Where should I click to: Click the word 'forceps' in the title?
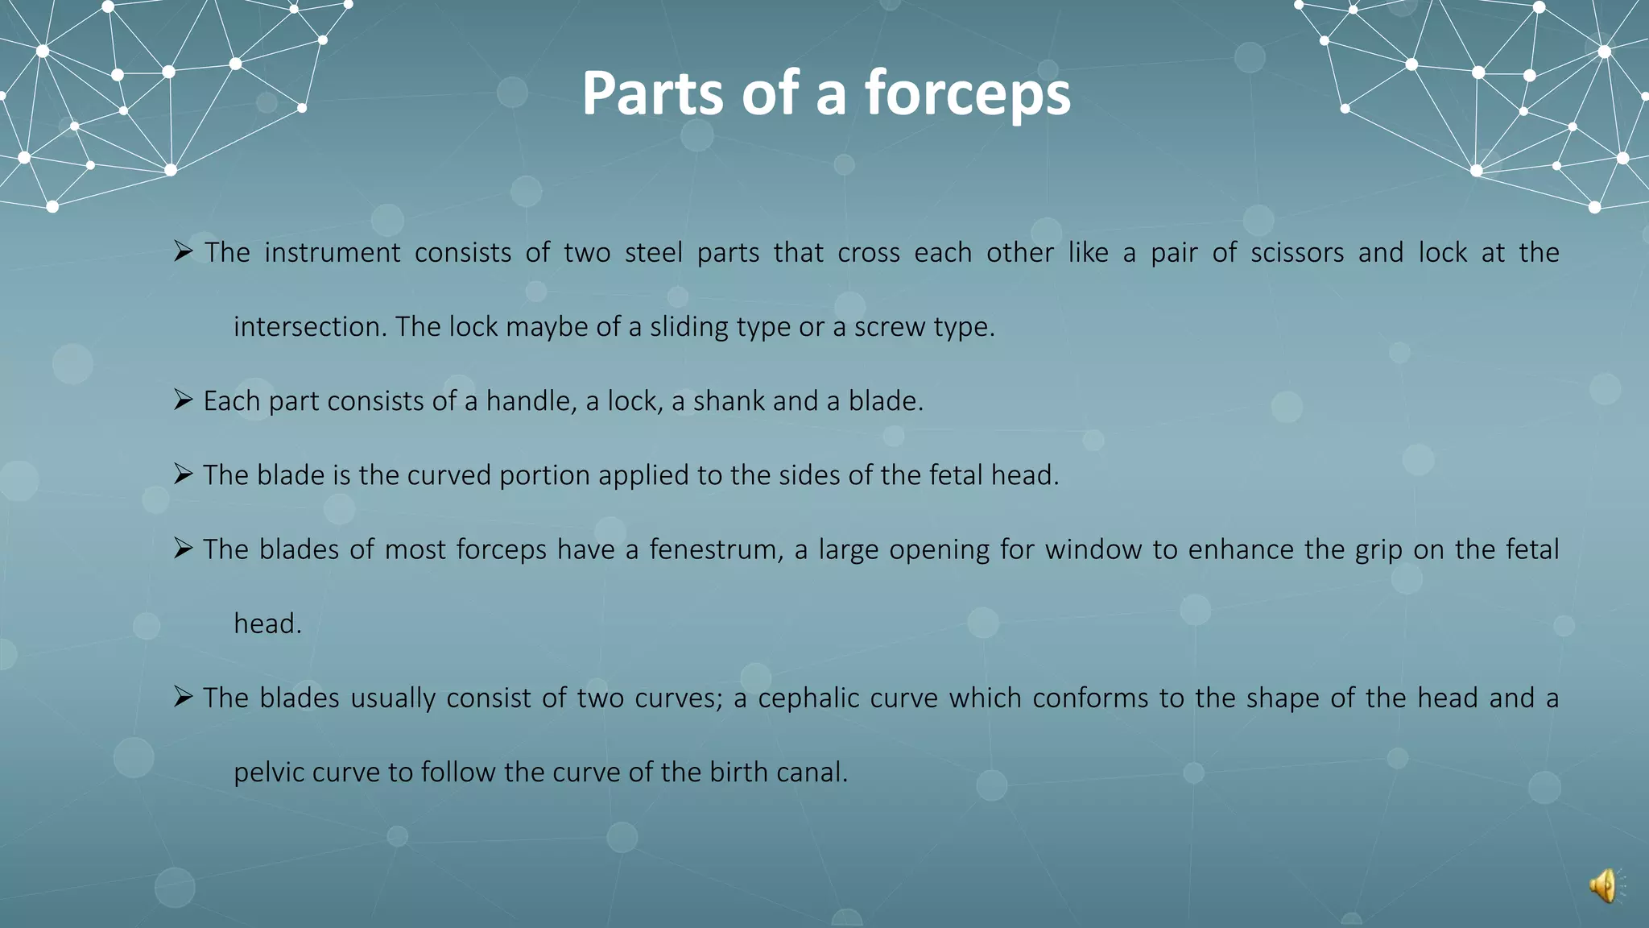click(968, 94)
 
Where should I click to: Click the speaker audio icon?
click(1603, 886)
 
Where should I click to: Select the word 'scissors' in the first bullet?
click(1297, 253)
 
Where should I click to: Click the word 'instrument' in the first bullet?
click(332, 253)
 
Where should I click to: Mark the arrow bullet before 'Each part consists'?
click(183, 400)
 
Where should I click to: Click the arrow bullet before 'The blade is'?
click(183, 474)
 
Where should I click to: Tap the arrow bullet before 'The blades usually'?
click(183, 696)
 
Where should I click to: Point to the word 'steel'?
click(654, 253)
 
